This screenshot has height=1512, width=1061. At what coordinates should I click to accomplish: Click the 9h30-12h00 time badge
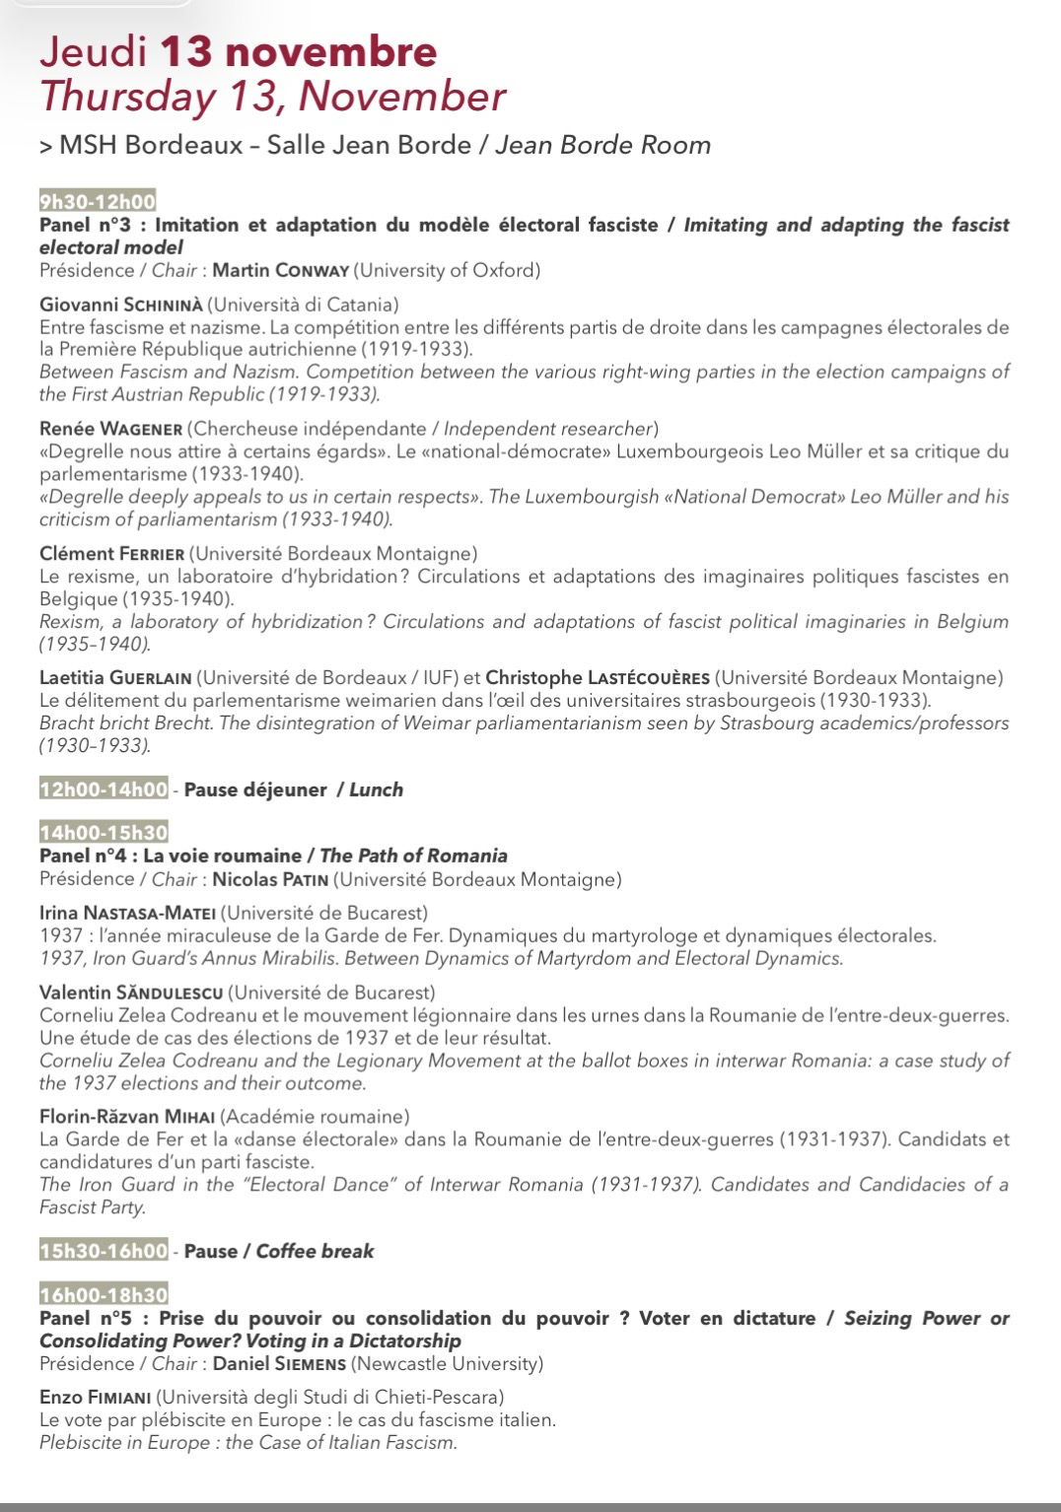pyautogui.click(x=97, y=202)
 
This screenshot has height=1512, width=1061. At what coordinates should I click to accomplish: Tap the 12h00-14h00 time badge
pyautogui.click(x=103, y=790)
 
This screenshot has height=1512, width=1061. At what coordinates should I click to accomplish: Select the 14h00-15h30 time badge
pyautogui.click(x=103, y=833)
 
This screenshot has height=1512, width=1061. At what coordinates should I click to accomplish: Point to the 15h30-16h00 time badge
pyautogui.click(x=103, y=1251)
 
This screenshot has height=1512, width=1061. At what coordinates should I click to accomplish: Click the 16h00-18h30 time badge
pyautogui.click(x=103, y=1294)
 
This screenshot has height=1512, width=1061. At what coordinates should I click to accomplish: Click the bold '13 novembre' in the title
pyautogui.click(x=298, y=52)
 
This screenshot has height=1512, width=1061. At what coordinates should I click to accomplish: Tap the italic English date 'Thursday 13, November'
pyautogui.click(x=272, y=98)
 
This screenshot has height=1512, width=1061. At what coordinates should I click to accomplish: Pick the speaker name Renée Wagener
pyautogui.click(x=109, y=429)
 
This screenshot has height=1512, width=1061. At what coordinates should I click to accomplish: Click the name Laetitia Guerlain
pyautogui.click(x=116, y=677)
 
